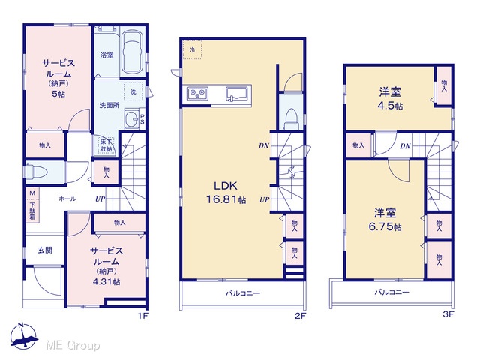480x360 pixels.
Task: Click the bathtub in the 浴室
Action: click(133, 52)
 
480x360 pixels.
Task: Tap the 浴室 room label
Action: click(106, 55)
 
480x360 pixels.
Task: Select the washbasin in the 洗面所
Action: click(132, 118)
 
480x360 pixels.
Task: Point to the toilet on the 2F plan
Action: click(291, 119)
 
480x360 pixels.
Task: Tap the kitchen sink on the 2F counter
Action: click(237, 94)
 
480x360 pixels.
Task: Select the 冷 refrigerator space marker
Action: click(192, 49)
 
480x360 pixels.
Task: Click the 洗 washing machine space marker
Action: click(133, 91)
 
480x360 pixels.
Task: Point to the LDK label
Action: click(225, 186)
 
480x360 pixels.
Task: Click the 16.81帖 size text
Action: click(226, 200)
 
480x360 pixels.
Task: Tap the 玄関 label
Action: click(45, 250)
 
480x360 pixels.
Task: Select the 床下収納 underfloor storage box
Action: click(106, 145)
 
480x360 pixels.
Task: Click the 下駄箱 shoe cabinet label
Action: click(32, 211)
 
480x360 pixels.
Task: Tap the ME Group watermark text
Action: click(73, 346)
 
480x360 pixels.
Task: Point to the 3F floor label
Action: click(448, 314)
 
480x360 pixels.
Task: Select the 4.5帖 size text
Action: click(390, 106)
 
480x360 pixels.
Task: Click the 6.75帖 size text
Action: click(385, 226)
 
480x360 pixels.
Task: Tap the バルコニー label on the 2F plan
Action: click(243, 293)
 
